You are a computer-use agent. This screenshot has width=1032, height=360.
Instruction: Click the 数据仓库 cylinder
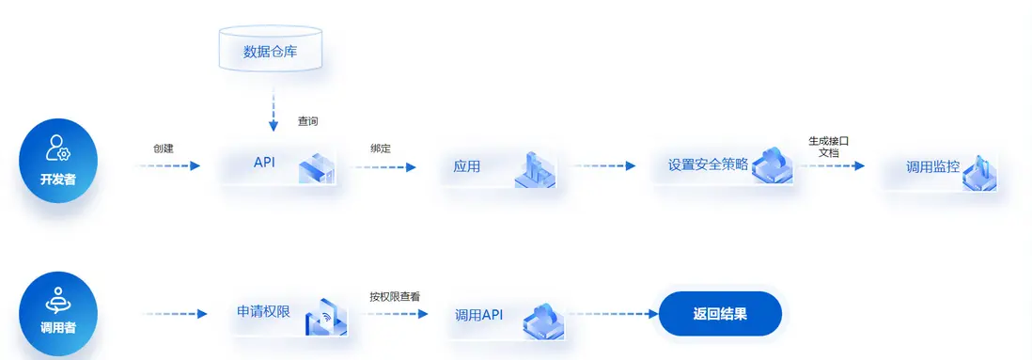270,51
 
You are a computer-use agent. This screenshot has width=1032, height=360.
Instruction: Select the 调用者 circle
59,313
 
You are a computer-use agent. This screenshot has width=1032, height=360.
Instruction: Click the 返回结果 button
720,314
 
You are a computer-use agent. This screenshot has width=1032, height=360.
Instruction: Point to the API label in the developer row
264,162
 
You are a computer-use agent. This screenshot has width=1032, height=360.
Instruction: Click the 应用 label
466,166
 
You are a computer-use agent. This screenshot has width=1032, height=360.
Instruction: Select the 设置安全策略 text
708,164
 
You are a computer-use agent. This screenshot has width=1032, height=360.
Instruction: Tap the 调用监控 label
932,166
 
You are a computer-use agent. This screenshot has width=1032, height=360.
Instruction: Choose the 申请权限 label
262,311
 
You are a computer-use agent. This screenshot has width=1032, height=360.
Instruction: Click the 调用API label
479,315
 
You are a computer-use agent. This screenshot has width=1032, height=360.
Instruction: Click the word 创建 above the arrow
164,149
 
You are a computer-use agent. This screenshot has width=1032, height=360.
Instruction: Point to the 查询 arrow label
308,121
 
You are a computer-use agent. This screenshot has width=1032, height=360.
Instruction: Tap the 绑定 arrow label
381,149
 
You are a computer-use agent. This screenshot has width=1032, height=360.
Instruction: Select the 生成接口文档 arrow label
828,146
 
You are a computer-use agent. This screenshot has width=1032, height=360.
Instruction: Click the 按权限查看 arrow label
394,297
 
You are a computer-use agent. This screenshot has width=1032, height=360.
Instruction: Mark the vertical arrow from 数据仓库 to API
274,110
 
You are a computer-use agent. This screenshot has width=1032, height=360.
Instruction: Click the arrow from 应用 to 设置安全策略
604,166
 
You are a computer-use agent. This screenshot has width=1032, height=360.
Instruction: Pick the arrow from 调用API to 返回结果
612,314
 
